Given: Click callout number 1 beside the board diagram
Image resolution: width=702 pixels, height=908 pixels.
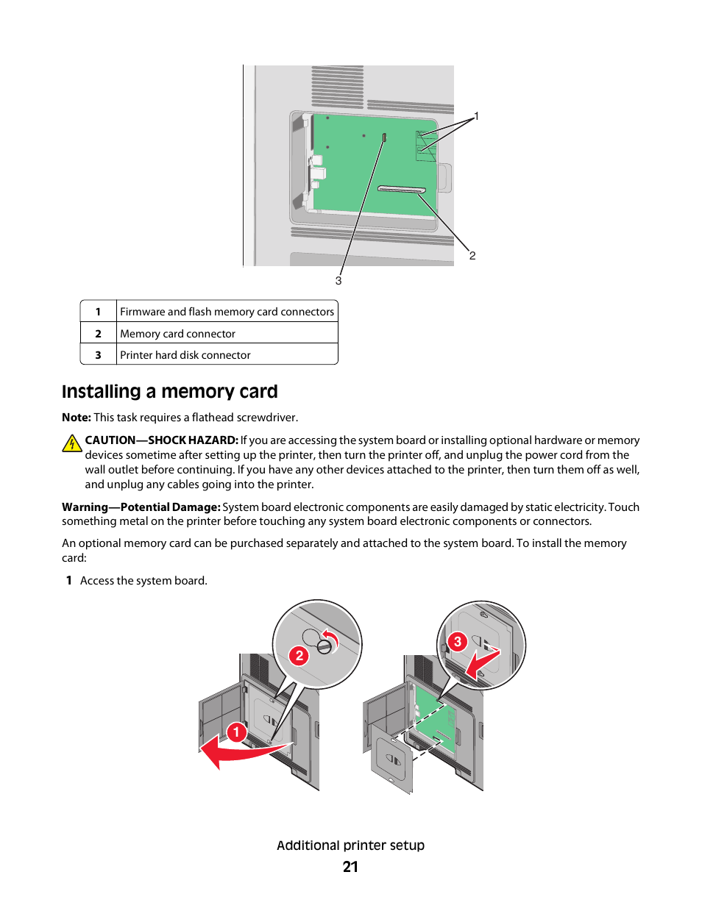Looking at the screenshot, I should pyautogui.click(x=476, y=116).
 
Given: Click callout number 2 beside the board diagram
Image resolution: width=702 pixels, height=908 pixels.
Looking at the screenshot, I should pyautogui.click(x=472, y=256).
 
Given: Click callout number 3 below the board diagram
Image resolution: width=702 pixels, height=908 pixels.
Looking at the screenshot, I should pyautogui.click(x=338, y=281).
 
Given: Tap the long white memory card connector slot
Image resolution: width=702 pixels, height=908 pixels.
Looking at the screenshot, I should pyautogui.click(x=402, y=190).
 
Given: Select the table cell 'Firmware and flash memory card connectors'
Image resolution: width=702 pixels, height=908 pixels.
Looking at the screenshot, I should pyautogui.click(x=227, y=312).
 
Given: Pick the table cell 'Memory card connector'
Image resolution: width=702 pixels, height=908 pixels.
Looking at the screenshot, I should pyautogui.click(x=177, y=334).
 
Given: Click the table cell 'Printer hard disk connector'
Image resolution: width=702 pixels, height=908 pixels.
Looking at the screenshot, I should pyautogui.click(x=185, y=355).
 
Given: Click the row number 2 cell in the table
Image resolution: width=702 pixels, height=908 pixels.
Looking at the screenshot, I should pyautogui.click(x=98, y=334).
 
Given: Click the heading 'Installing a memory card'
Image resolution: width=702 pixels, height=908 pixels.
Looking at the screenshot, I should pyautogui.click(x=170, y=392).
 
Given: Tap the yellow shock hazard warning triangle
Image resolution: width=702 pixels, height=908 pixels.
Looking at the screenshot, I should pyautogui.click(x=71, y=443).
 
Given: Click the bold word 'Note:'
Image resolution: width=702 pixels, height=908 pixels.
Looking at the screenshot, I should pyautogui.click(x=77, y=418).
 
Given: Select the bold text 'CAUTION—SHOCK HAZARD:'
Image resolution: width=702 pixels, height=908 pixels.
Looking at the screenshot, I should pyautogui.click(x=161, y=440).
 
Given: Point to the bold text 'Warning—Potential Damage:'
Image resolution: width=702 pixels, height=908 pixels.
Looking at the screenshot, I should pyautogui.click(x=141, y=507).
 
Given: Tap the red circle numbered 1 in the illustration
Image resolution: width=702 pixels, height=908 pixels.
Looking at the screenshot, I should pyautogui.click(x=236, y=732).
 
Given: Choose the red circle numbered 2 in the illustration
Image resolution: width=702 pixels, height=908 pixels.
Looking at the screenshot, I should pyautogui.click(x=299, y=655).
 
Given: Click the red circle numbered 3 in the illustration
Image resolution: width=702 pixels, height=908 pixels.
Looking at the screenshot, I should pyautogui.click(x=458, y=642).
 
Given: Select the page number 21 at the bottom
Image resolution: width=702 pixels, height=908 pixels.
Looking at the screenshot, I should pyautogui.click(x=350, y=867).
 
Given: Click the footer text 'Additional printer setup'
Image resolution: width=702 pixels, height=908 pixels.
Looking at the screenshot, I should pyautogui.click(x=350, y=846).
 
